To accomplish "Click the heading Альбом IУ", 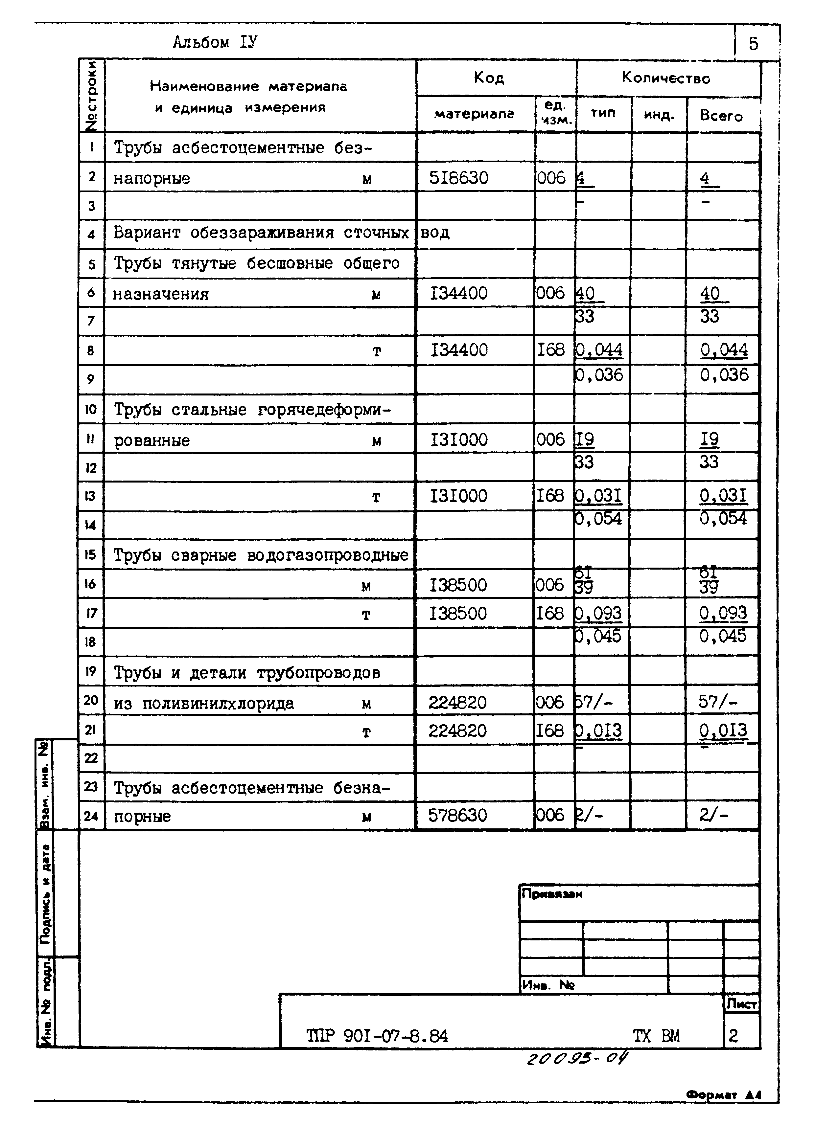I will tap(215, 43).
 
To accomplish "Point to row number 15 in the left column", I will tap(90, 554).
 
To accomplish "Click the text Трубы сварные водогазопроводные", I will tap(261, 555).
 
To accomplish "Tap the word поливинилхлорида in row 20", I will tap(219, 703).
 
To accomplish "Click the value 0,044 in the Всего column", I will tap(724, 350).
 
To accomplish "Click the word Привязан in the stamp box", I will tap(551, 894).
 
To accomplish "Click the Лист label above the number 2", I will tap(741, 1004).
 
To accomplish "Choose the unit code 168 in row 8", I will tap(551, 350).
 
